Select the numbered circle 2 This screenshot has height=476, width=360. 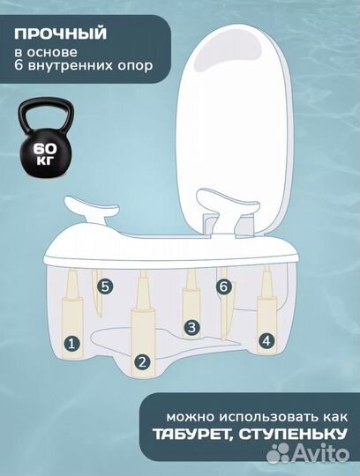pyautogui.click(x=141, y=361)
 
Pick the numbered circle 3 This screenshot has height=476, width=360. pyautogui.click(x=188, y=328)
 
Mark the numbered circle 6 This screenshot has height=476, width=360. pyautogui.click(x=222, y=286)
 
